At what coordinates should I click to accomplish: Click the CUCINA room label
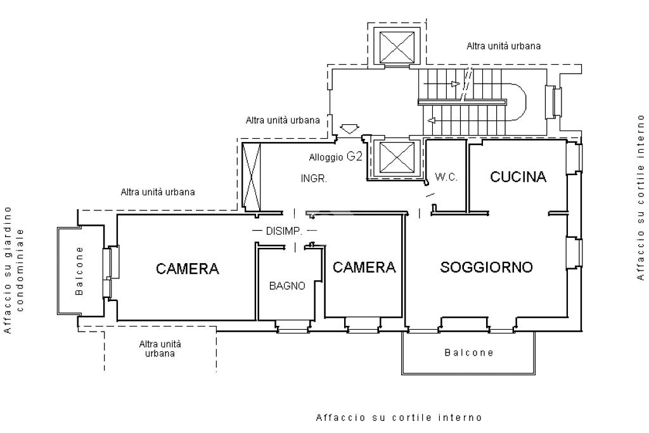[518, 177]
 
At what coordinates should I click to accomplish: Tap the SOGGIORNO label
[486, 267]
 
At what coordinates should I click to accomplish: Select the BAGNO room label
[287, 286]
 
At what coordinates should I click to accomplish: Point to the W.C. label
[446, 177]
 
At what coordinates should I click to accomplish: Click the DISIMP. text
[284, 231]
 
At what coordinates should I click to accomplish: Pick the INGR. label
[314, 179]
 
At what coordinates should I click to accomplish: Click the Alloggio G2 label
[336, 157]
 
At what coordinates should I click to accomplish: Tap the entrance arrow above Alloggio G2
[349, 129]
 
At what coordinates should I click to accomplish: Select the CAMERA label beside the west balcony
[188, 269]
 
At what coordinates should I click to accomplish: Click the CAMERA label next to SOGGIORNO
[364, 267]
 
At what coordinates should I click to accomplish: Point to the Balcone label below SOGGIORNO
[469, 352]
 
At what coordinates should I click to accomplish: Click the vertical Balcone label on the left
[79, 271]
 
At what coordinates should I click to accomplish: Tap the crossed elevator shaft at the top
[397, 47]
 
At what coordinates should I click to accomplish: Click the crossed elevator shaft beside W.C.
[397, 157]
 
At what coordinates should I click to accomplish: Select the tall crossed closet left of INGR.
[251, 176]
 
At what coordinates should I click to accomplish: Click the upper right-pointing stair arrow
[455, 84]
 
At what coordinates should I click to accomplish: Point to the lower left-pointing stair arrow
[432, 121]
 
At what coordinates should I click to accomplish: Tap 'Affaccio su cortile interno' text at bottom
[399, 417]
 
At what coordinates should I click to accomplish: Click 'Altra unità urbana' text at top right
[503, 46]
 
